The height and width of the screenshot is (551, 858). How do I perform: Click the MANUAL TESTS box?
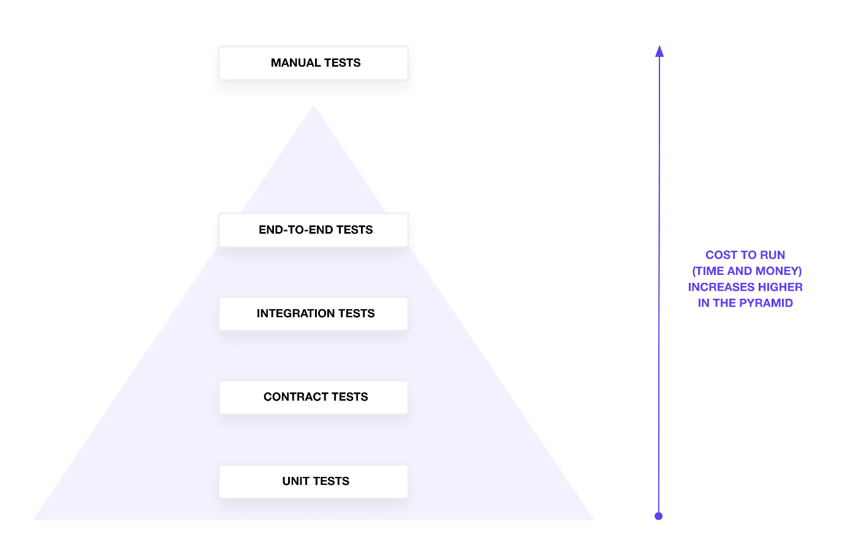point(313,63)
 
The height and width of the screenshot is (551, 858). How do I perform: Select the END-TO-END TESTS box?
point(313,230)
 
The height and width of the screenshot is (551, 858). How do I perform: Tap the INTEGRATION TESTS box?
point(313,313)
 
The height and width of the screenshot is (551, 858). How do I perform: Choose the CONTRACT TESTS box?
point(313,397)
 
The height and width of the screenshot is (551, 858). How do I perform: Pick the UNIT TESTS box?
point(313,481)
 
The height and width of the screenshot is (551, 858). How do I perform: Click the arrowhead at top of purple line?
point(659,51)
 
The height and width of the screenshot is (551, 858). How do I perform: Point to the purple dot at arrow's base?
point(659,516)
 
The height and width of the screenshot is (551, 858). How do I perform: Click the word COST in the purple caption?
point(722,255)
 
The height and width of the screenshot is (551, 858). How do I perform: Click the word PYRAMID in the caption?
point(766,303)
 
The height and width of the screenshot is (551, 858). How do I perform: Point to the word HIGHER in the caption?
point(780,287)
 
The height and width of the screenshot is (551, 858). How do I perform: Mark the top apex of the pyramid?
point(313,107)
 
